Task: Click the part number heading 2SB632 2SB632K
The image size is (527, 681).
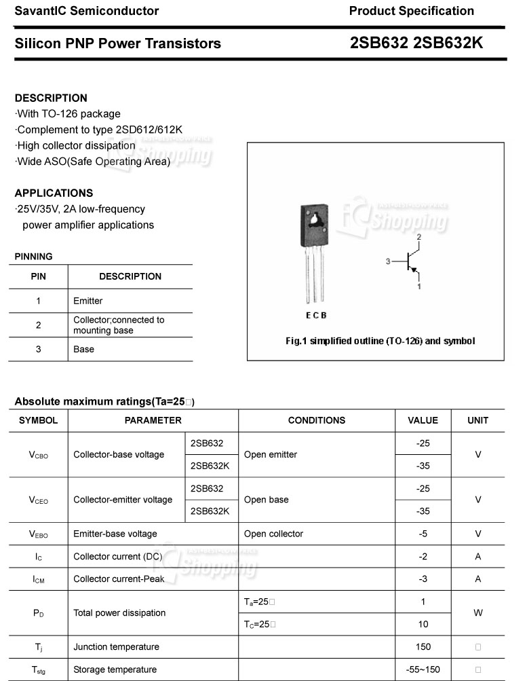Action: click(x=416, y=43)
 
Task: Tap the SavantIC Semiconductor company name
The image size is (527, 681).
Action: click(x=87, y=11)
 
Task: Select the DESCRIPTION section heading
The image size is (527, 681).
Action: click(x=51, y=98)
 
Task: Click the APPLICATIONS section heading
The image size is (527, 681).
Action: click(x=54, y=193)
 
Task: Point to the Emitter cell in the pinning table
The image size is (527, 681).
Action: click(x=88, y=301)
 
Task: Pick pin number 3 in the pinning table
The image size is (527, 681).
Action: click(x=39, y=349)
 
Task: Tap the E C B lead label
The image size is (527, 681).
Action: click(x=316, y=315)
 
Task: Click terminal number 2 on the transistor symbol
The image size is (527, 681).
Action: click(x=419, y=237)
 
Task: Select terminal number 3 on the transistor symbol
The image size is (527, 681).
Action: click(x=388, y=261)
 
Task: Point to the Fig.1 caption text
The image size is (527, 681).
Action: click(x=380, y=341)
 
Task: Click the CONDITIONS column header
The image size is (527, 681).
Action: click(x=316, y=420)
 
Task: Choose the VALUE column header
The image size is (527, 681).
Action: click(x=423, y=420)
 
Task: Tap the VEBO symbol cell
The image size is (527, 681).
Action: click(x=39, y=534)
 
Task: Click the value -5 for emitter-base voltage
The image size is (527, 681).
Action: click(x=423, y=534)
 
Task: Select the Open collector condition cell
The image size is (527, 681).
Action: click(x=273, y=534)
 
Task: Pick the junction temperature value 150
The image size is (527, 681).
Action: click(x=423, y=646)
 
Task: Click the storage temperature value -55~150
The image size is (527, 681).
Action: click(x=423, y=669)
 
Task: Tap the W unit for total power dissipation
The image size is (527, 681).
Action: click(x=477, y=612)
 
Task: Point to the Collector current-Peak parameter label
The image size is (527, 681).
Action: click(x=119, y=579)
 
